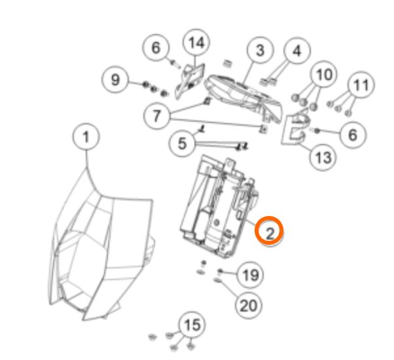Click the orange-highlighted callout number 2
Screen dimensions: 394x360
point(269,230)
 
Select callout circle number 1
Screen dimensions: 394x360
point(86,137)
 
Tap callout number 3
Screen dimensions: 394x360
point(260,50)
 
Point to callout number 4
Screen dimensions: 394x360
point(297,51)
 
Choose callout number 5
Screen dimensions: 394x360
point(182,144)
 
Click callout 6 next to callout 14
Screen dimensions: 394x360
point(156,48)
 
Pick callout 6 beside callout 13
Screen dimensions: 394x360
point(353,135)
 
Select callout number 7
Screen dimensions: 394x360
point(157,116)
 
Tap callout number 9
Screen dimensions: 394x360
point(115,80)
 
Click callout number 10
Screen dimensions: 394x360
point(323,74)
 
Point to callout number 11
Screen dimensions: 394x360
point(361,84)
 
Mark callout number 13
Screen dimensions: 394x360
point(323,158)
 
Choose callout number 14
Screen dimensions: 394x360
point(196,43)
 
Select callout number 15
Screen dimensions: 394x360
point(192,325)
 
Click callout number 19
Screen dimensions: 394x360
point(250,274)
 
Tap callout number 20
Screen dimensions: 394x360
point(249,306)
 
